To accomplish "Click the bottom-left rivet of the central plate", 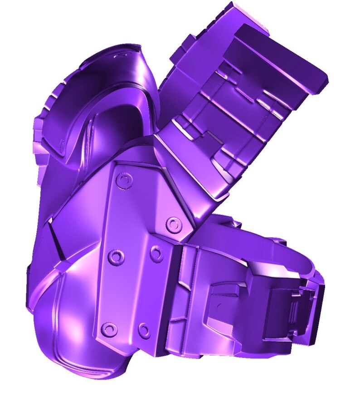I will tap(108, 329).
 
